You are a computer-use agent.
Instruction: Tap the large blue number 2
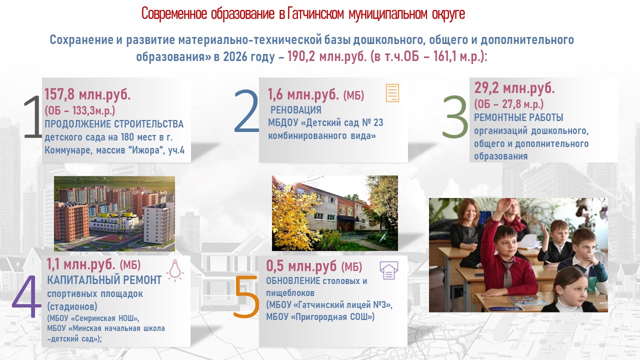(x=246, y=111)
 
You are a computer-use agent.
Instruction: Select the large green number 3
(x=455, y=116)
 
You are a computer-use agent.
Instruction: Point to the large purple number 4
(x=26, y=296)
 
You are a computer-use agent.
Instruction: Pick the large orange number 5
(x=246, y=296)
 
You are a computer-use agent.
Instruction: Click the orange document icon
(x=392, y=93)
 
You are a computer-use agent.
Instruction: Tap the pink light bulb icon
(x=175, y=270)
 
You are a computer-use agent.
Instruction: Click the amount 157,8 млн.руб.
(x=87, y=94)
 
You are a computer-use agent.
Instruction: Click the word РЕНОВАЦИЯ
(x=295, y=110)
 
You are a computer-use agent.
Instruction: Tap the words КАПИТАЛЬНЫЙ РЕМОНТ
(x=104, y=280)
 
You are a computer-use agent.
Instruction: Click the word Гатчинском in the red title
(x=315, y=13)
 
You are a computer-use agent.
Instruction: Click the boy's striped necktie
(x=507, y=274)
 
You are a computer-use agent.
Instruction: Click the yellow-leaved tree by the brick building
(x=294, y=217)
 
